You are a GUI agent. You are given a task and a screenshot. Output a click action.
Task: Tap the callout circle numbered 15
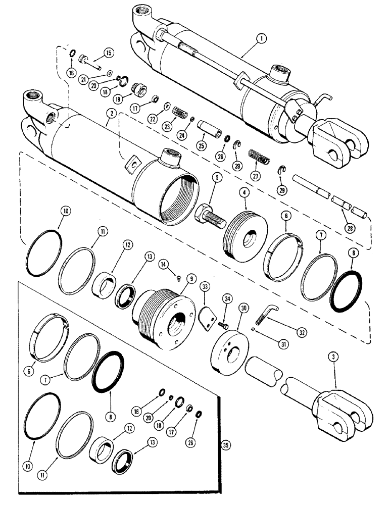coord(109,52)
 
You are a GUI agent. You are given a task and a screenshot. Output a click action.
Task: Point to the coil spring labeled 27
coord(259,156)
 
